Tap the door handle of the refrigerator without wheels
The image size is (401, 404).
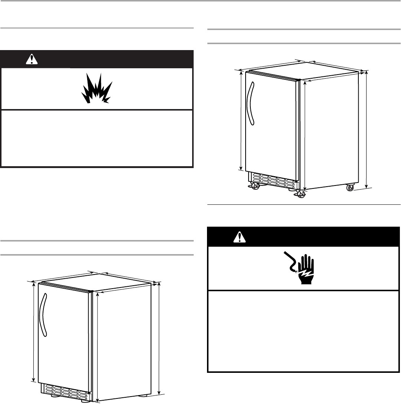[x=45, y=316]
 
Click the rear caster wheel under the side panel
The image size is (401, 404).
[x=350, y=188]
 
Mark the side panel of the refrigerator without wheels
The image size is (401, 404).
[x=122, y=341]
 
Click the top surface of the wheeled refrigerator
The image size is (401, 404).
[x=304, y=70]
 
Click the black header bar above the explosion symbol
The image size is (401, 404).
[x=111, y=59]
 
